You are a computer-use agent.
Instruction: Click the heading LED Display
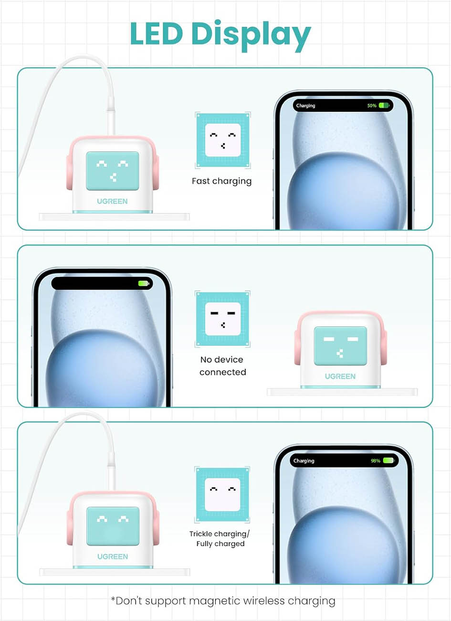pos(220,35)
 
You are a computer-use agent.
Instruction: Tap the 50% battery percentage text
pos(372,106)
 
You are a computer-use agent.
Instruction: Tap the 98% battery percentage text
pos(376,461)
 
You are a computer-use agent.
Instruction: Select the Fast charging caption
pos(221,182)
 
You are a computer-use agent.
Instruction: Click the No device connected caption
pos(222,366)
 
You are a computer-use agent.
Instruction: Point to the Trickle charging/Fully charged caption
pos(220,539)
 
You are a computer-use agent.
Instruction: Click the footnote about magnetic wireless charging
pos(223,601)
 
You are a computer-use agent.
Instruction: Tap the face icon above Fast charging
pos(223,140)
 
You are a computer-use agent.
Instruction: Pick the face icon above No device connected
pos(222,319)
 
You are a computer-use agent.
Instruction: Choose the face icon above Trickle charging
pos(222,495)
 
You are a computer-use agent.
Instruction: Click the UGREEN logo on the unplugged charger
pos(340,376)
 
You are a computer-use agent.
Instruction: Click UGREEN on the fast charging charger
pos(112,201)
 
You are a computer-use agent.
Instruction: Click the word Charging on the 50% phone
pos(305,106)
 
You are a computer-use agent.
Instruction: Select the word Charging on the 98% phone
pos(304,461)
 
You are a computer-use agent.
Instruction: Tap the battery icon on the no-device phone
pos(144,283)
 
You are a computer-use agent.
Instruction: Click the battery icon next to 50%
pos(384,106)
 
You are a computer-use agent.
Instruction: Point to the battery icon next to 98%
pos(388,460)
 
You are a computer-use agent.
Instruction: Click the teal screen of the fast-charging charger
pos(113,171)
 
